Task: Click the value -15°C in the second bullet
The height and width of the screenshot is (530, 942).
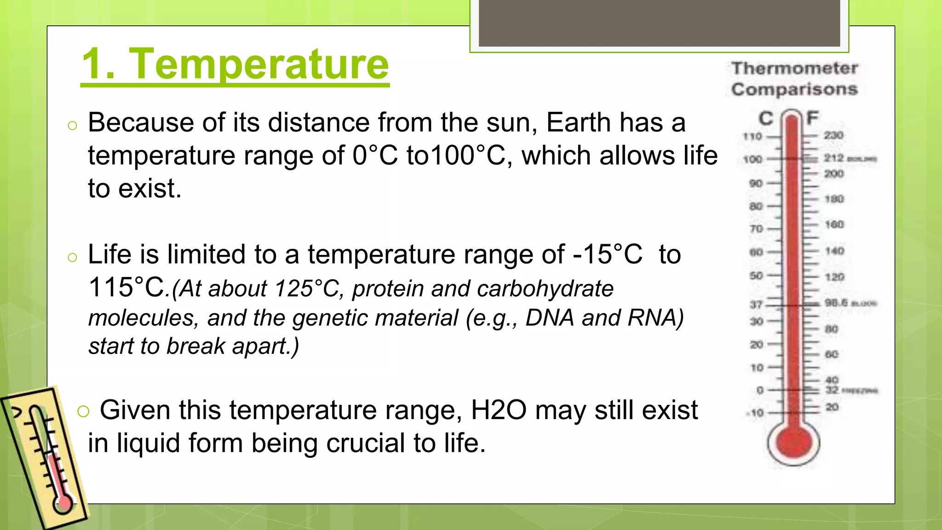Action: (x=607, y=254)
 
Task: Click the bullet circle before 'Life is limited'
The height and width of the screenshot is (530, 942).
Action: (x=72, y=257)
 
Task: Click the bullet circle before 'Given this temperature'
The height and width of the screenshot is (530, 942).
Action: (x=83, y=411)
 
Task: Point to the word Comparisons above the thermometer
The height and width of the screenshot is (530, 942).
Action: (x=794, y=89)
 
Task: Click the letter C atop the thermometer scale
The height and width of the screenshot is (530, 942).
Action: (x=765, y=119)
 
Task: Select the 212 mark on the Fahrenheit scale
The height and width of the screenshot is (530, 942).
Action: (x=833, y=158)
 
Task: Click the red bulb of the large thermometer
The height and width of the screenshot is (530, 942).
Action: (x=793, y=443)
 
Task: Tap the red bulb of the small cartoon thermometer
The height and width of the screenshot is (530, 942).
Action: (x=64, y=503)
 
